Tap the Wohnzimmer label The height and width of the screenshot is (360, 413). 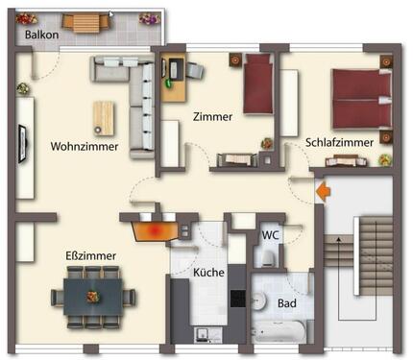point(85,147)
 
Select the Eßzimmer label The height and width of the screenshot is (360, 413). point(91,255)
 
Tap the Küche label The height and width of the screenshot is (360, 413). point(208,272)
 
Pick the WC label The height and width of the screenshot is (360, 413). point(271,233)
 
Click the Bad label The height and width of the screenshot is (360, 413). point(286,303)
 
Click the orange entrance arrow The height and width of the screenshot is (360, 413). point(324,192)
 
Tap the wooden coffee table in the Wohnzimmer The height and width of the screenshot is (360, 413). point(103,117)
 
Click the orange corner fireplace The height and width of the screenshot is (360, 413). point(154,228)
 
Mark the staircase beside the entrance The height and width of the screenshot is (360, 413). point(370,278)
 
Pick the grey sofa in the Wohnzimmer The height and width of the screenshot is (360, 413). point(139,96)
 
